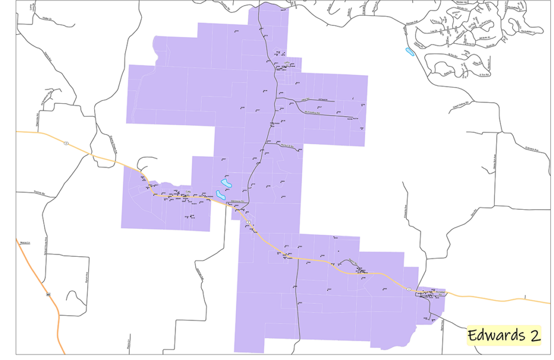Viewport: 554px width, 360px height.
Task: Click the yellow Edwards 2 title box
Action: (x=504, y=335)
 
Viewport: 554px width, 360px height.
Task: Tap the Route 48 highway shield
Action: (x=48, y=294)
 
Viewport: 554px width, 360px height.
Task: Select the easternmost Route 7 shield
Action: (x=409, y=289)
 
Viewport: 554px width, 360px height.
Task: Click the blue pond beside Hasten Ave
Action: (x=410, y=52)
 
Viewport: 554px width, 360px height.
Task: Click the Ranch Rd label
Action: (x=38, y=191)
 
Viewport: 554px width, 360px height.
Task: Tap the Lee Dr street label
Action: (x=432, y=31)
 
